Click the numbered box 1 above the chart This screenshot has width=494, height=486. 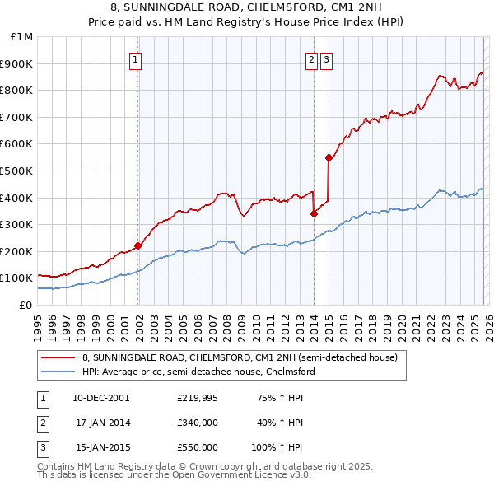click(134, 59)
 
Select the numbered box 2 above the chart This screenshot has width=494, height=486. click(312, 59)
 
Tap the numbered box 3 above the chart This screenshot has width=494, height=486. click(326, 59)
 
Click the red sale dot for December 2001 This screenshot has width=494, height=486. click(137, 245)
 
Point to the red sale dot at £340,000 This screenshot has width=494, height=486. click(314, 213)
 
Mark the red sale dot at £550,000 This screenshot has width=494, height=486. click(329, 157)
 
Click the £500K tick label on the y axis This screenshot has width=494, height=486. click(16, 171)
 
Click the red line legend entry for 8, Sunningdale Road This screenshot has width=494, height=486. click(240, 357)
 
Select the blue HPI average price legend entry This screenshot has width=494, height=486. click(198, 372)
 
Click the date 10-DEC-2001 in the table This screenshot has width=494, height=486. click(100, 397)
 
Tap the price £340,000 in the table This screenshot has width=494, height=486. click(197, 423)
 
